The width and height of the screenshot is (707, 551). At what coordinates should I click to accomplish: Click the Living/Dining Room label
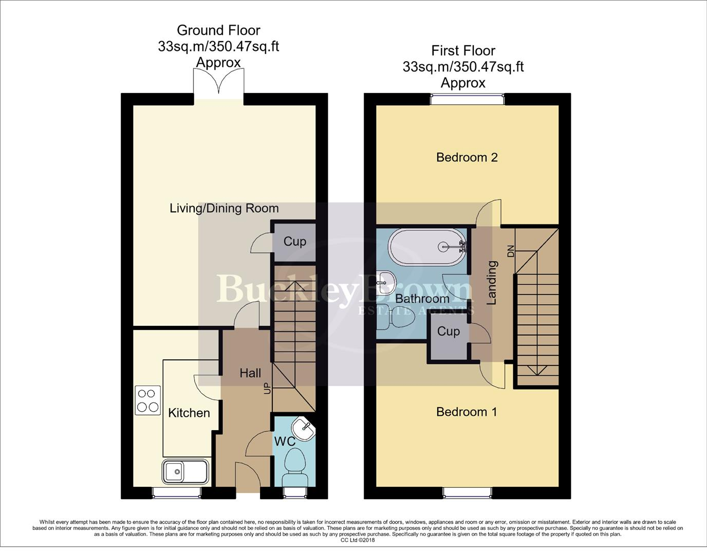[x=224, y=208]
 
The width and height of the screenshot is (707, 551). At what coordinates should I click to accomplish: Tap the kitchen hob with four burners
[x=147, y=400]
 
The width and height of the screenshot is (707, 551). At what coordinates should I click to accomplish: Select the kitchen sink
[x=185, y=471]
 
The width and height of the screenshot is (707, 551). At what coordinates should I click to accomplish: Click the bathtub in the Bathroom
[x=427, y=247]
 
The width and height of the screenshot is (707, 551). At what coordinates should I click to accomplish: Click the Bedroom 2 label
[x=467, y=157]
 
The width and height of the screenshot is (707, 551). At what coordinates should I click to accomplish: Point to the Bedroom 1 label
[x=466, y=412]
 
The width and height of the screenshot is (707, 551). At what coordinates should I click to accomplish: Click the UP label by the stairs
[x=267, y=388]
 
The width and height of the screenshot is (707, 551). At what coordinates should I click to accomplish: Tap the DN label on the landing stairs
[x=510, y=251]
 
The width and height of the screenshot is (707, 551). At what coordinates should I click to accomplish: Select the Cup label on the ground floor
[x=294, y=242]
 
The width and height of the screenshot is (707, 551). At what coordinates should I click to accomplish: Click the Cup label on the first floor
[x=448, y=332]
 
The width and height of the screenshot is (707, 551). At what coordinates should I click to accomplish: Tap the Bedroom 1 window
[x=467, y=492]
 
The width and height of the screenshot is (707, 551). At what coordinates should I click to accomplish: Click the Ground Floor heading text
[x=218, y=30]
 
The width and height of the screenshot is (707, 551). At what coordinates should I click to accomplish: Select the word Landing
[x=492, y=283]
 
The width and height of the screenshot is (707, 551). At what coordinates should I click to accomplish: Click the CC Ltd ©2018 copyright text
[x=358, y=540]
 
